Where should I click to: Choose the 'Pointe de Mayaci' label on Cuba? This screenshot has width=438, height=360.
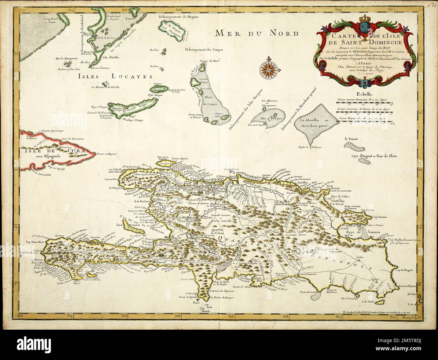click(x=106, y=154)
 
